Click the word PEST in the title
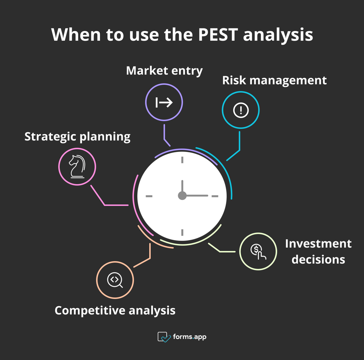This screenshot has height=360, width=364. tap(218, 35)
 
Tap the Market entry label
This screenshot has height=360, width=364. tap(164, 70)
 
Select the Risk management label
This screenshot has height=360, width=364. tap(274, 80)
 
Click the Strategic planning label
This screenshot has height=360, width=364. tap(77, 136)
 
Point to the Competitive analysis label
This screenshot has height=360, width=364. tap(115, 310)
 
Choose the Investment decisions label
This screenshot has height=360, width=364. tap(318, 251)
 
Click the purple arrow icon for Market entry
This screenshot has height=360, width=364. tap(164, 103)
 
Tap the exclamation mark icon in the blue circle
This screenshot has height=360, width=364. tap(241, 110)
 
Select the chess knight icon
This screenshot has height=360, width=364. tap(77, 167)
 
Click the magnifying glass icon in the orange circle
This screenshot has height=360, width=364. tap(115, 280)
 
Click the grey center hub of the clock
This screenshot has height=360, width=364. tap(182, 196)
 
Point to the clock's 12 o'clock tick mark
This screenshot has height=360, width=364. tap(182, 160)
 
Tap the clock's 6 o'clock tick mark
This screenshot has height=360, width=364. tap(182, 232)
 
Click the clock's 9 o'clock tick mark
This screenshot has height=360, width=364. tap(149, 196)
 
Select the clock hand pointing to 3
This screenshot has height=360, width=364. tap(197, 196)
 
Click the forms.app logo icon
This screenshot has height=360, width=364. tap(164, 337)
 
